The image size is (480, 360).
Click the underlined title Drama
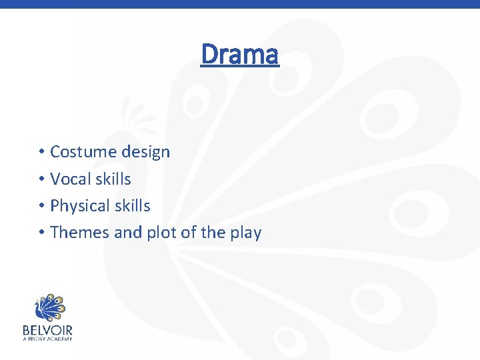239,55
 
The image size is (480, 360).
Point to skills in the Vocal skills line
113,179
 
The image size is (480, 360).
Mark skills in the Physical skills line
131,206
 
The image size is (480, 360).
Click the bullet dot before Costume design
41,153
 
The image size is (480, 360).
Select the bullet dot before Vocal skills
41,179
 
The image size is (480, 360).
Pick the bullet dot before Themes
41,233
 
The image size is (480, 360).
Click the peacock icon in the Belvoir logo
48,307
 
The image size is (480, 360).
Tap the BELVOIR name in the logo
47,330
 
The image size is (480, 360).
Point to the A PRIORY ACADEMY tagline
47,339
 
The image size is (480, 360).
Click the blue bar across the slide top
240,4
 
